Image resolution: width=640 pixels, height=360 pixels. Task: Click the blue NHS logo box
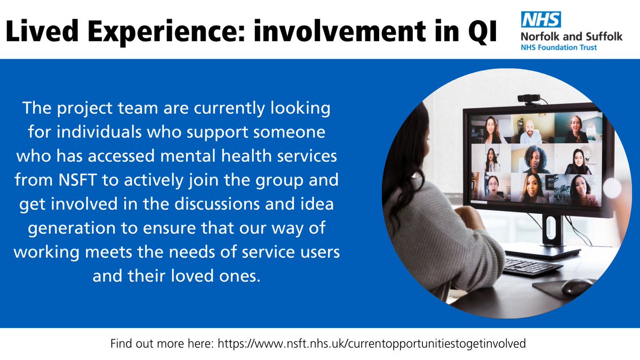[541, 19]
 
